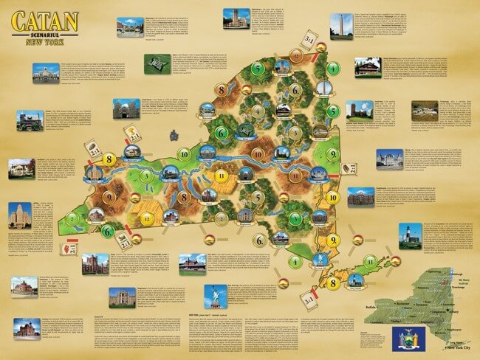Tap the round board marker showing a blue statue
pyautogui.click(x=320, y=260)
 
